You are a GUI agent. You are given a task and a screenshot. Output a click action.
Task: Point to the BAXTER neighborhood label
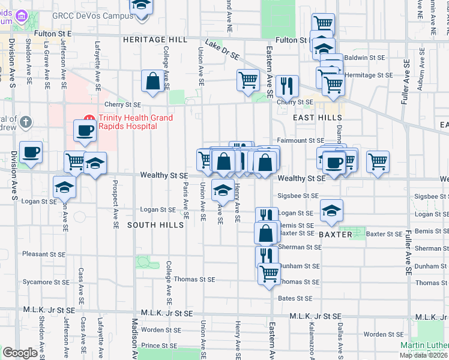coord(335,235)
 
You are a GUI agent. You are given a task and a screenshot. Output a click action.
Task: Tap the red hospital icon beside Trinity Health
coord(89,118)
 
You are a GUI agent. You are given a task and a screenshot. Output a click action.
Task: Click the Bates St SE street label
coord(295,298)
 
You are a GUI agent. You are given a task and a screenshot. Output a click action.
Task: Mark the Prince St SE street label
coord(158,346)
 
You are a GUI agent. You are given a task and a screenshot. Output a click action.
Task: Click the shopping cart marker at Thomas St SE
coord(270,273)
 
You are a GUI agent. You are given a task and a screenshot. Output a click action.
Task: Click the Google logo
coord(20,353)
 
